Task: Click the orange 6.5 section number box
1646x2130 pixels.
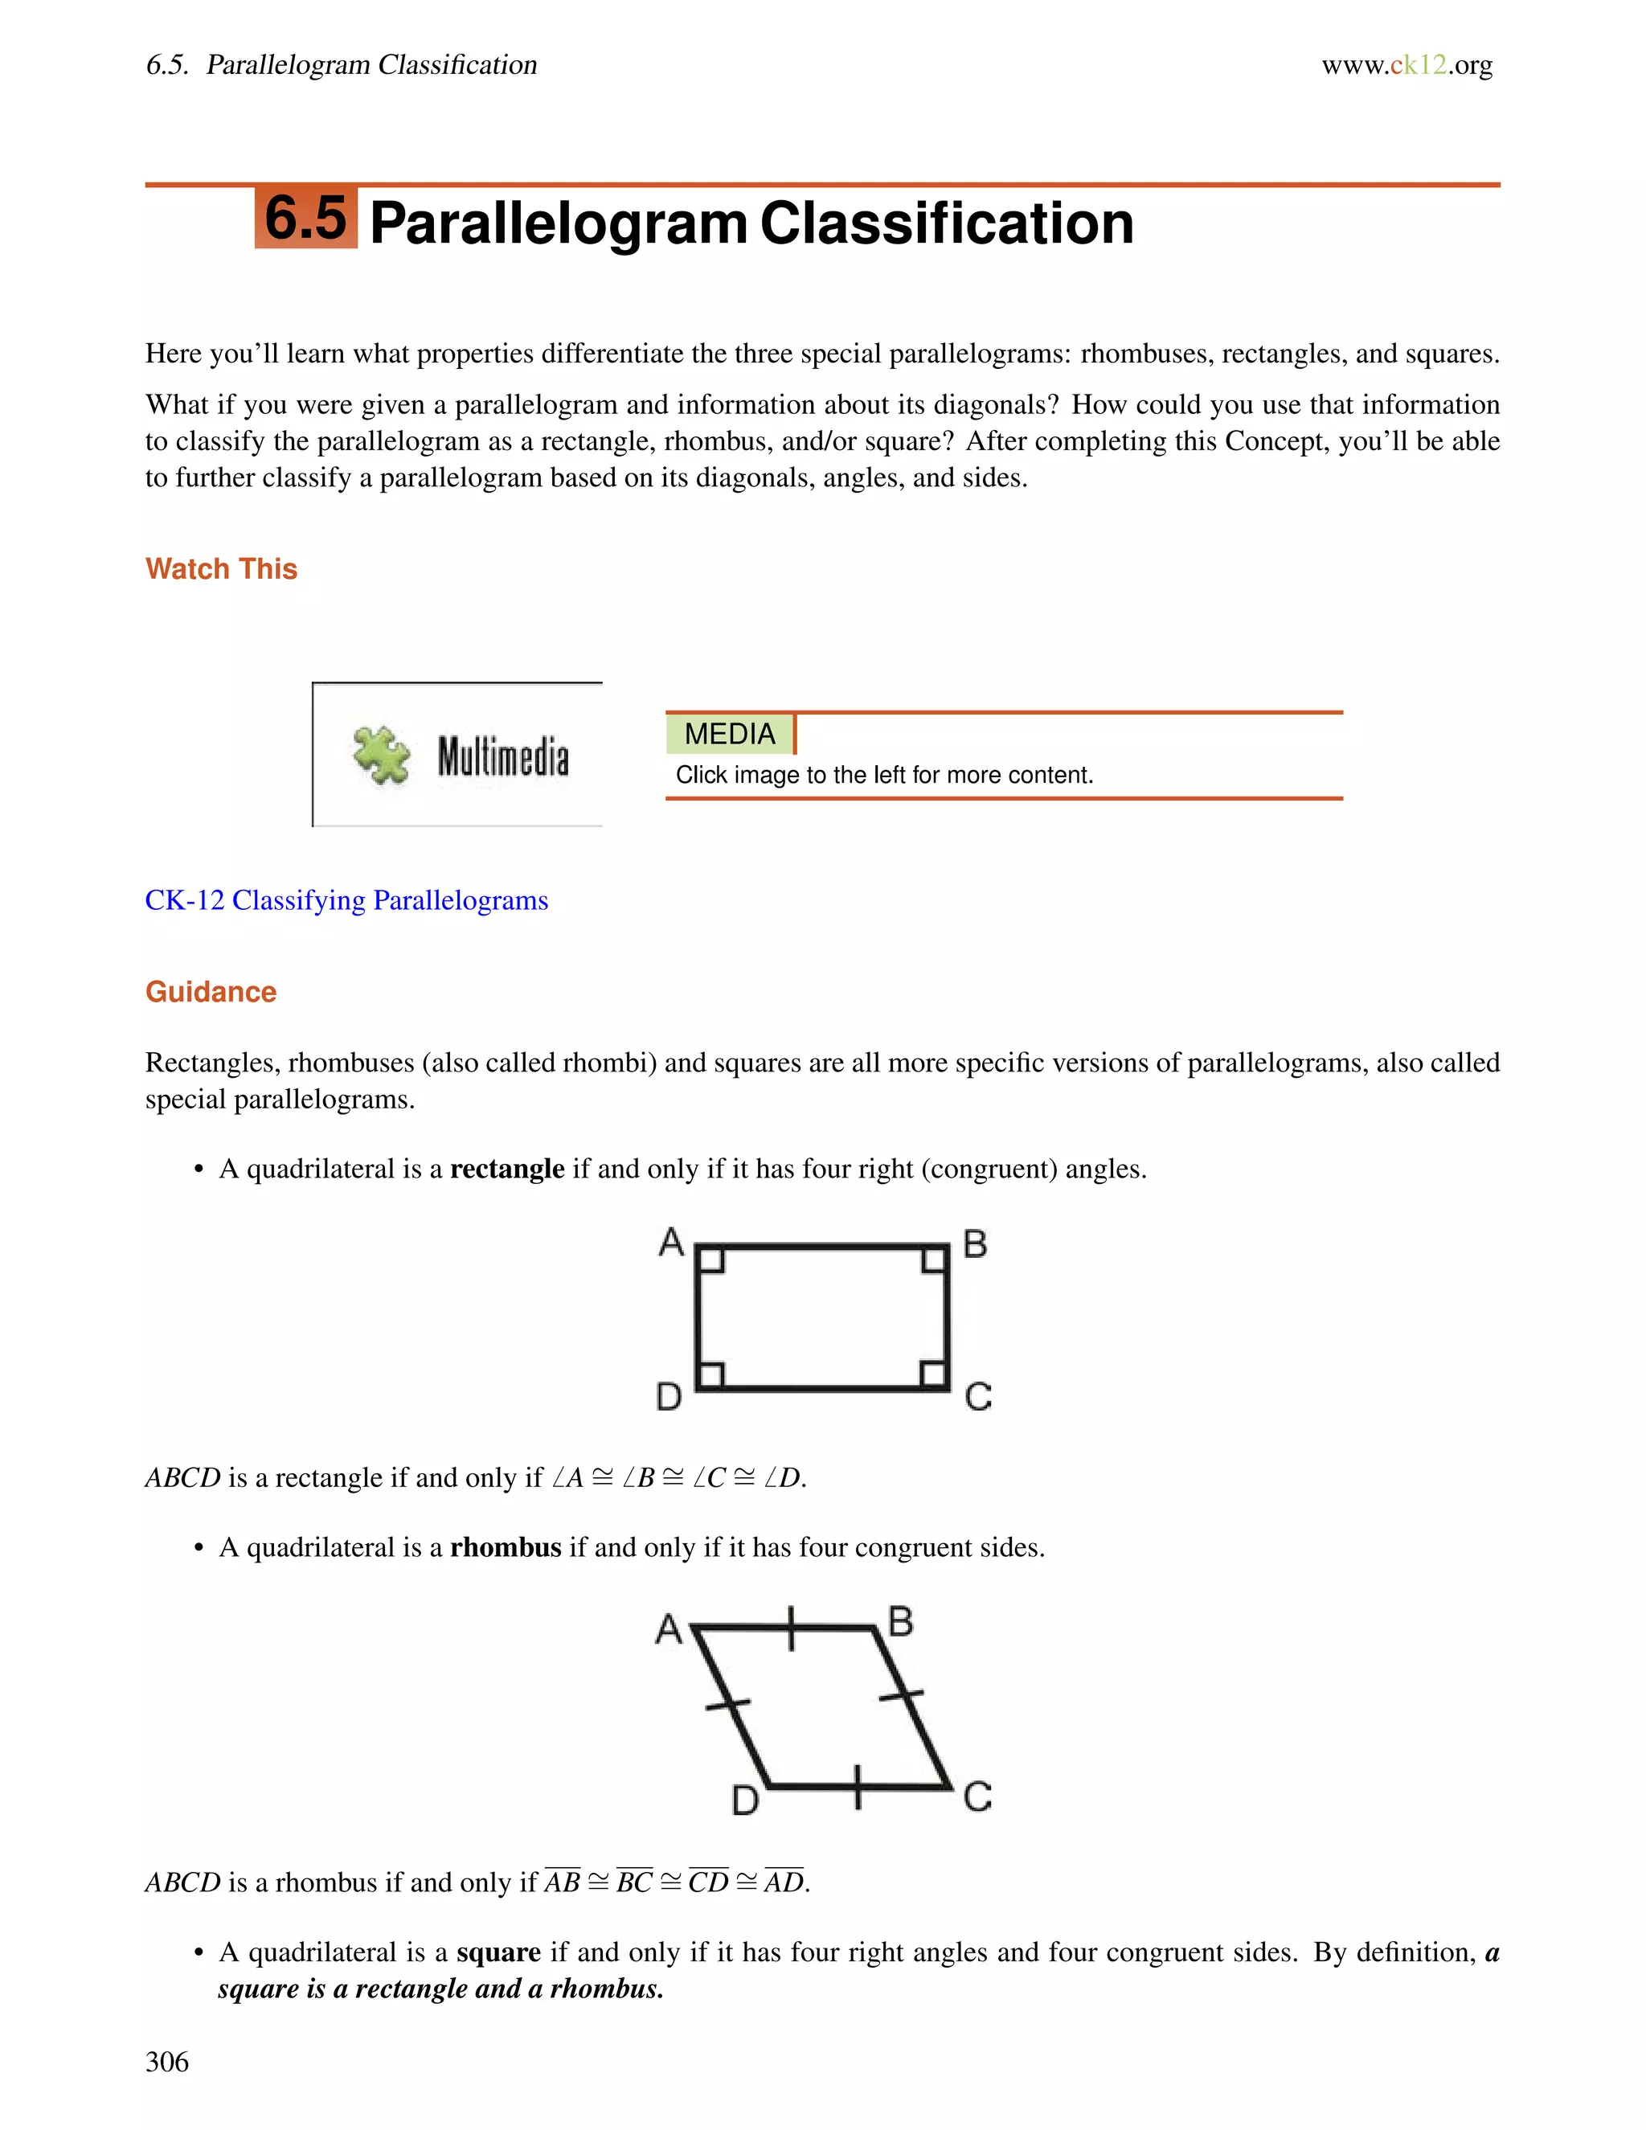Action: (305, 218)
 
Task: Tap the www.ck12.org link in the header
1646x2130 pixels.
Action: (1406, 65)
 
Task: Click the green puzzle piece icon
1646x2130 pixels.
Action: (381, 755)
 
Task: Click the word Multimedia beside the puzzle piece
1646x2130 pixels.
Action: (502, 757)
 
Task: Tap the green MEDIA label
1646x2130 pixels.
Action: (730, 733)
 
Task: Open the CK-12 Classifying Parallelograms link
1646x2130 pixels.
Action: (346, 899)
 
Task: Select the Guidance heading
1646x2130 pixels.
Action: (211, 992)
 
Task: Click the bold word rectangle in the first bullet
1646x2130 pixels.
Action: (506, 1169)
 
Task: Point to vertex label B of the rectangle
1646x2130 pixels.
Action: (974, 1244)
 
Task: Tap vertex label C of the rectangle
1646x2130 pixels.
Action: (977, 1397)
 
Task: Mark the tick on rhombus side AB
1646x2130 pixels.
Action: (791, 1628)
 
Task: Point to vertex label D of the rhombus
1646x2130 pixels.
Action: (745, 1800)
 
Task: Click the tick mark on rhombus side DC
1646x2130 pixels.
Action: (857, 1787)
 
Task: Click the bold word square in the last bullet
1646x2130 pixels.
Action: (497, 1952)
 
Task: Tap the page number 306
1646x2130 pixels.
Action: (166, 2062)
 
